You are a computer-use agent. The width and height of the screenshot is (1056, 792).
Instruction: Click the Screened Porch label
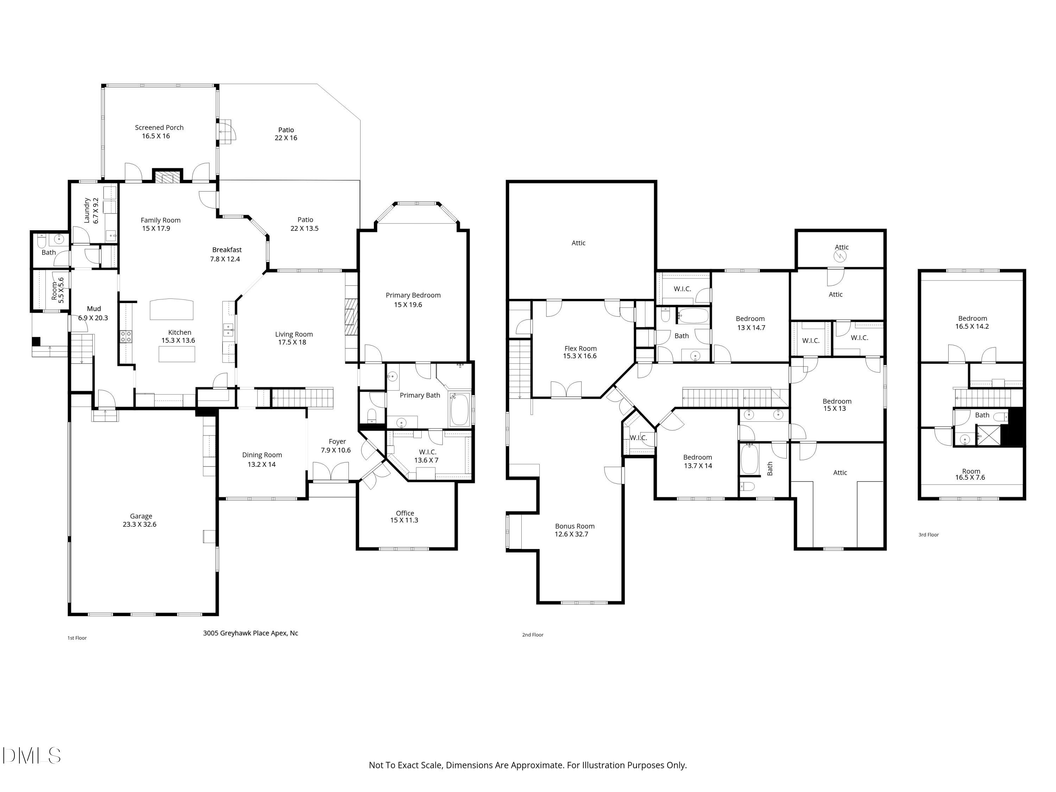click(x=159, y=127)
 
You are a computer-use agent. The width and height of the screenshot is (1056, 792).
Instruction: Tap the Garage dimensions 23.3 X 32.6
click(x=139, y=524)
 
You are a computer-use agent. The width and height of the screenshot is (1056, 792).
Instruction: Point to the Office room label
click(x=405, y=513)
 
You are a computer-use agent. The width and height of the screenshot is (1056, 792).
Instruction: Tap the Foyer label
click(x=337, y=442)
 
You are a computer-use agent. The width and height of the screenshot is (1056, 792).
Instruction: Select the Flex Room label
click(x=580, y=348)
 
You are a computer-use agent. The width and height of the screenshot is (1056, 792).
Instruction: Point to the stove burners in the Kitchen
click(x=126, y=336)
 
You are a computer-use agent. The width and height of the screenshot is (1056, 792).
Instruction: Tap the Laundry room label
click(x=87, y=210)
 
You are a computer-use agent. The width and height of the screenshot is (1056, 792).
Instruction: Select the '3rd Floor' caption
click(x=929, y=535)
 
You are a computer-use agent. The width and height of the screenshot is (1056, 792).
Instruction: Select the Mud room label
click(x=94, y=309)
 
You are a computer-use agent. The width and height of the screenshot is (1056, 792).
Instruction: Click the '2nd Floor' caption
click(x=533, y=634)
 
